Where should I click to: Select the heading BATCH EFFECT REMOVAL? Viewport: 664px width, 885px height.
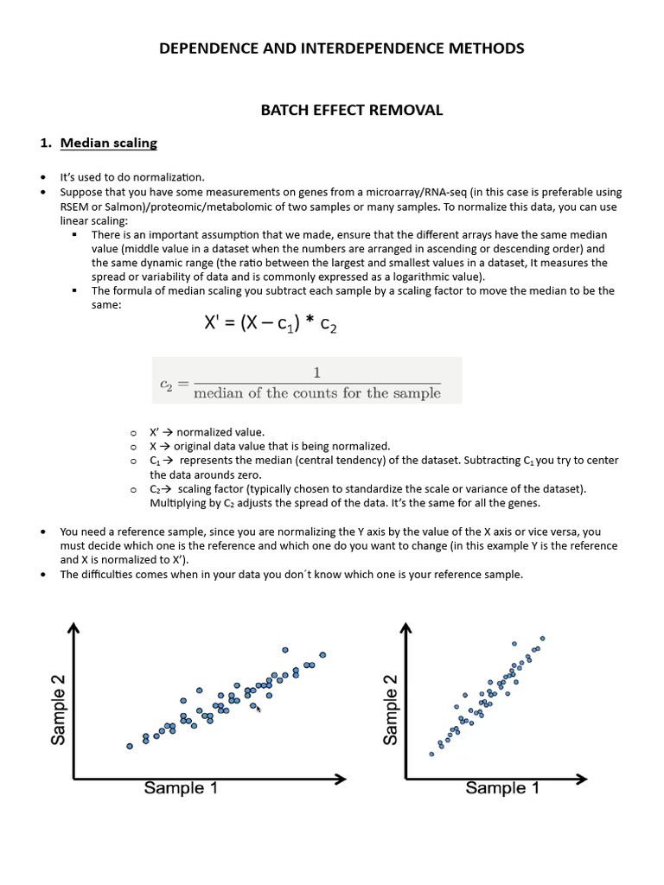[x=352, y=110]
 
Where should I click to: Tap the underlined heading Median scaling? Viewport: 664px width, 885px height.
[x=108, y=143]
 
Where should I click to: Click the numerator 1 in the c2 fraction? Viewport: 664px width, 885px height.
[x=317, y=372]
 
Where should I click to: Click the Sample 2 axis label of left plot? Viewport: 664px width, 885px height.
[x=59, y=710]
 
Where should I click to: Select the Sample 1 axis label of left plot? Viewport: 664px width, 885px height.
[x=186, y=788]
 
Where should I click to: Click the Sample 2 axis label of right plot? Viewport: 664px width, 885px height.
[x=391, y=710]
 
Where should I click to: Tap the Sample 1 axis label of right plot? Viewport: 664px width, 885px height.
[x=501, y=788]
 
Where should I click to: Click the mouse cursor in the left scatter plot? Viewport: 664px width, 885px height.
[x=259, y=709]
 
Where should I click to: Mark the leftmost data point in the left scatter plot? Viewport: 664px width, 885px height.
[x=130, y=745]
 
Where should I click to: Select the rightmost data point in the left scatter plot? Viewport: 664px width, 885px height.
[x=322, y=654]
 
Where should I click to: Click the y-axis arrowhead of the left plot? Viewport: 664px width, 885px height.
[x=75, y=628]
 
